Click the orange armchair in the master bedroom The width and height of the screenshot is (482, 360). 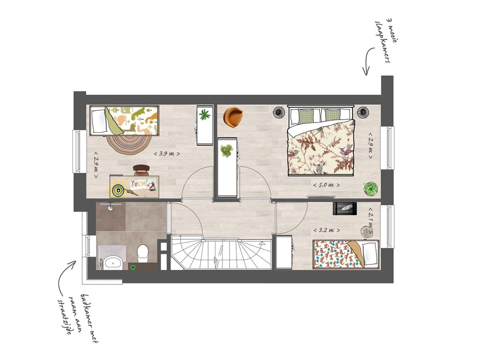(x=233, y=117)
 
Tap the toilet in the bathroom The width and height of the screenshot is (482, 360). (x=143, y=253)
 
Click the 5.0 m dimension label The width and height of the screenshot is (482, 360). (x=327, y=185)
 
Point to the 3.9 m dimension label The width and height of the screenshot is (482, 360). (x=167, y=154)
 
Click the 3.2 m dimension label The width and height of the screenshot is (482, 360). (x=327, y=230)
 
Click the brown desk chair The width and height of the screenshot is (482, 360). (x=141, y=170)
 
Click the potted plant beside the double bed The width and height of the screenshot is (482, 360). (x=370, y=188)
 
